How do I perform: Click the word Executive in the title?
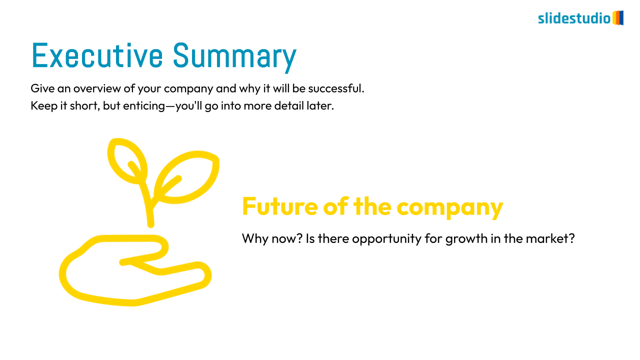[97, 55]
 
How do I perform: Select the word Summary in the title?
[235, 57]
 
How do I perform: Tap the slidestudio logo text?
[574, 18]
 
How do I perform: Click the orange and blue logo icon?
[618, 17]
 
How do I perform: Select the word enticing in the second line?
[144, 106]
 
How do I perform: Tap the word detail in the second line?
[289, 105]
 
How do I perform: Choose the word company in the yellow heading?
[450, 208]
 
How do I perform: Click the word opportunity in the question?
[386, 239]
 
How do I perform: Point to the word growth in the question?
[466, 239]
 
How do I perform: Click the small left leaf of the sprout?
[127, 161]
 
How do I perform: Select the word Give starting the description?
[42, 88]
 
